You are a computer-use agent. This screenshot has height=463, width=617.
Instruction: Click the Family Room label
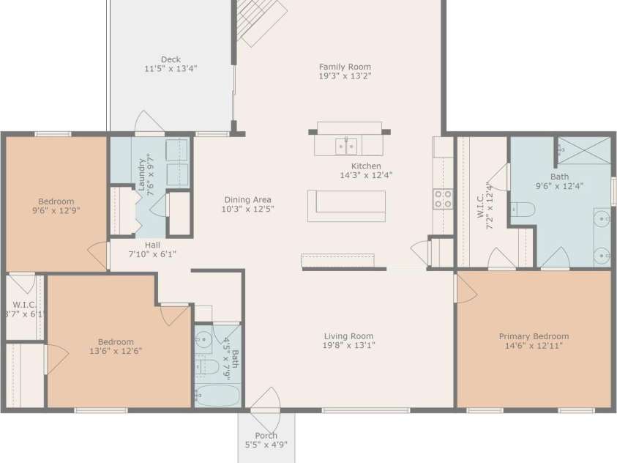pos(345,67)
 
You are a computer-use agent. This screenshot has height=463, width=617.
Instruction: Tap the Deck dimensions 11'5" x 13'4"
pos(171,69)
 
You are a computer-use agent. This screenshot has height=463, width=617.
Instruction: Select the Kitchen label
pos(366,166)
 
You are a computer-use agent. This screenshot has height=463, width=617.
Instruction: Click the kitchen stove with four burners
pos(443,199)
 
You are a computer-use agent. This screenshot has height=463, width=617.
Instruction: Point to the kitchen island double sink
pos(346,146)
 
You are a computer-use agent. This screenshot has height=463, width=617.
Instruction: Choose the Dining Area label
pos(247,199)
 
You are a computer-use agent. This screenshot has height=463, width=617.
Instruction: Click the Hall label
pos(152,245)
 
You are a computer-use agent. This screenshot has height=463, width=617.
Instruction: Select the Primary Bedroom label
pos(534,336)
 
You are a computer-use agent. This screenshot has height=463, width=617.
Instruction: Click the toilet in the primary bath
pos(523,210)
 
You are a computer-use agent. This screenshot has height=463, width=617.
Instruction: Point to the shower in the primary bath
pos(583,152)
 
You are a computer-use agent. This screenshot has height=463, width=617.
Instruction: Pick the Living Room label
pos(349,336)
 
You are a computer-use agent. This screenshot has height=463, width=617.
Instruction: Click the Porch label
pos(265,435)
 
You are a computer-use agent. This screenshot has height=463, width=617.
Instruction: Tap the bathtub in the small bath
pos(217,396)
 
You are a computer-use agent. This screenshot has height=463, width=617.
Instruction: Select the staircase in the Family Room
pos(260,22)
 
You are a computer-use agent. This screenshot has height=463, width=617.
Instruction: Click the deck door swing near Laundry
pos(149,123)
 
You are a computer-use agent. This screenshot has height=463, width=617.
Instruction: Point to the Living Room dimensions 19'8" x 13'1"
pos(349,346)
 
